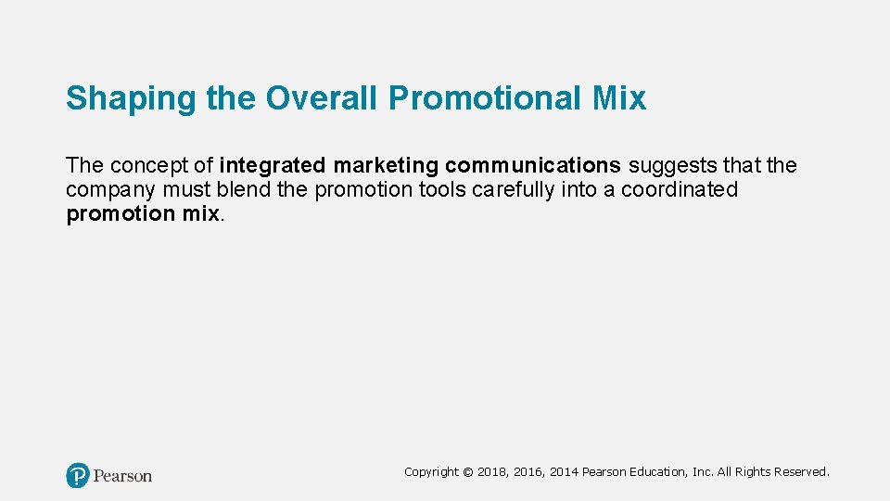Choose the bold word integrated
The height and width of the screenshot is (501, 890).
point(273,166)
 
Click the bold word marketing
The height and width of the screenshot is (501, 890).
point(386,166)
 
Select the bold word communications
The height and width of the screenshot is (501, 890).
point(533,166)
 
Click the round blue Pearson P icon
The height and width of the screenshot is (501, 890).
point(78,476)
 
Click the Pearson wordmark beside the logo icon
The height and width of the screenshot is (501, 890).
point(122,476)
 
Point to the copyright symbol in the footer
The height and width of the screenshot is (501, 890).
point(467,472)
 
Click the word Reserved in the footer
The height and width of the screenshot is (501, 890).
point(802,472)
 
